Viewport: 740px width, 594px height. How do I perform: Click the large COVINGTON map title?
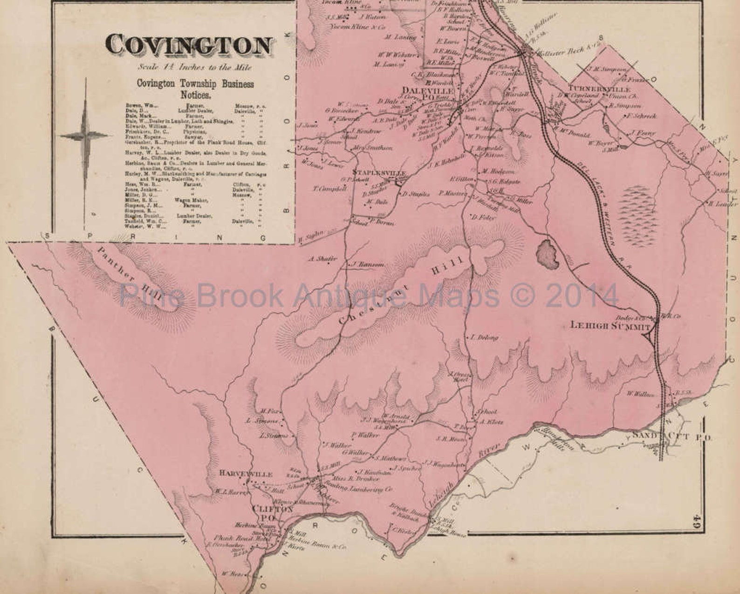[x=188, y=45]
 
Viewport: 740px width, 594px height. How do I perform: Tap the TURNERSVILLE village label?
[x=599, y=89]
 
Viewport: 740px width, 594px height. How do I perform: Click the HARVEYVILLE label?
[x=246, y=474]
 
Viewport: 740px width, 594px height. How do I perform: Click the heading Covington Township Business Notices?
[x=195, y=89]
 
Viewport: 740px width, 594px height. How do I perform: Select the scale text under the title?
[x=195, y=67]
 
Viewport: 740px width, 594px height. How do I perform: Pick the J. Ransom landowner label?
[x=368, y=264]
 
